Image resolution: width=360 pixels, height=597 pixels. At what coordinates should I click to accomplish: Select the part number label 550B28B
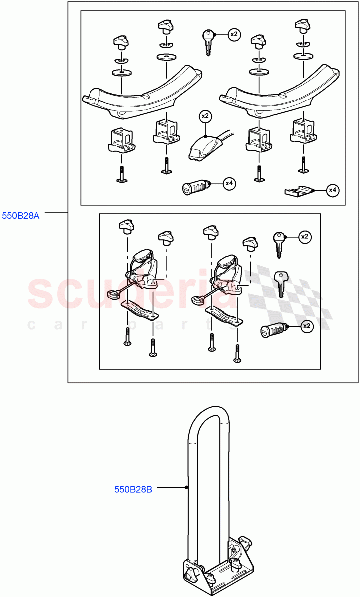[x=133, y=489]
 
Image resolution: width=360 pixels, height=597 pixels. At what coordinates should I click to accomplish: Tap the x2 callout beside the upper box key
[x=234, y=34]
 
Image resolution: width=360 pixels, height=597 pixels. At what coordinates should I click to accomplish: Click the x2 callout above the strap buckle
[x=205, y=116]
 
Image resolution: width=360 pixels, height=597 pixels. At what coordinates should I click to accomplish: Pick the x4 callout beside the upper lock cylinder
[x=229, y=184]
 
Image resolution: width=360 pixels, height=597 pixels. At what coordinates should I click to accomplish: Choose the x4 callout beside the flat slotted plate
[x=333, y=190]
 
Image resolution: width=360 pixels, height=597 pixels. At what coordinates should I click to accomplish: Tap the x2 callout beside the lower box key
[x=305, y=237]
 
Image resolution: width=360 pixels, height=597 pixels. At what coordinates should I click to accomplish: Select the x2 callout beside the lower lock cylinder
[x=307, y=326]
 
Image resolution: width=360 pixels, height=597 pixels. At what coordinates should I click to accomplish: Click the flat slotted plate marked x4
[x=299, y=190]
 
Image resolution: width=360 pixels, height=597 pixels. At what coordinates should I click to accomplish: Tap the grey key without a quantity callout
[x=281, y=282]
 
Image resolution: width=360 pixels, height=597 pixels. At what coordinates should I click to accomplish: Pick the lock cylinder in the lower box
[x=272, y=331]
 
